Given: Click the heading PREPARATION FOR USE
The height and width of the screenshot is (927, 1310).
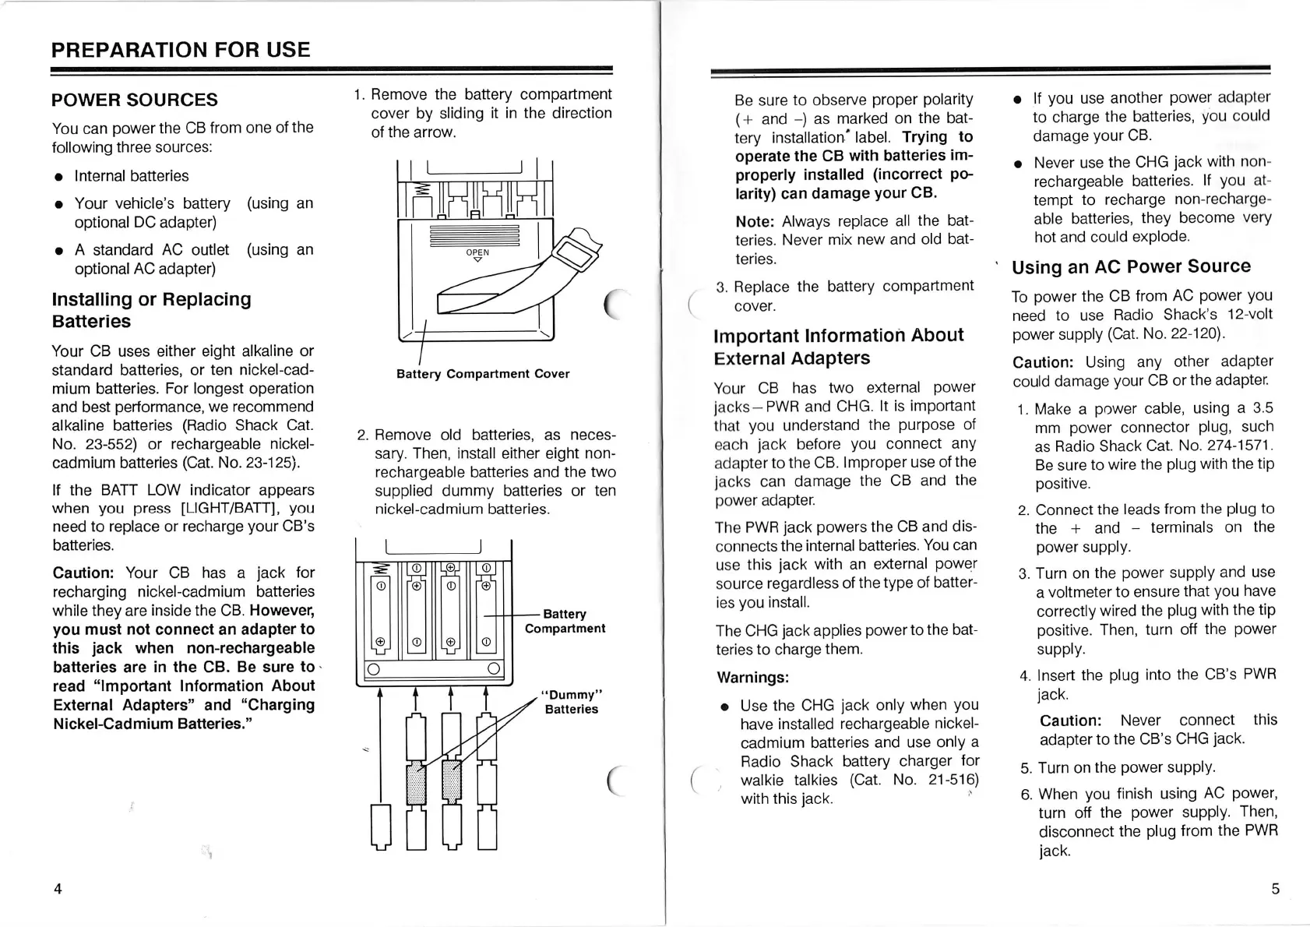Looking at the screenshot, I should pos(181,50).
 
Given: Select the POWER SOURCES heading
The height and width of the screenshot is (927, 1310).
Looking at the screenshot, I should pos(135,100).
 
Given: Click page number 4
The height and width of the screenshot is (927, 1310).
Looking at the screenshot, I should pos(58,889).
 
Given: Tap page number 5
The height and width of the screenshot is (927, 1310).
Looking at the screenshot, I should pos(1275,889).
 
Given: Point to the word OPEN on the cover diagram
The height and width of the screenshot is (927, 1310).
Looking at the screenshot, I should pos(477,252).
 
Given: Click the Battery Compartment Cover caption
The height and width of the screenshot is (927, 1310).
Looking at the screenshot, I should pos(483,374).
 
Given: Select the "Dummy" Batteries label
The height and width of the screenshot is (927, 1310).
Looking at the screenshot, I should pos(572,702).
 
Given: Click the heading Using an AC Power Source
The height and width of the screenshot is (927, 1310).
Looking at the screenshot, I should pos(1131,266).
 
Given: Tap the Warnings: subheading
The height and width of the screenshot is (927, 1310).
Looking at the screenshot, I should pos(753,678).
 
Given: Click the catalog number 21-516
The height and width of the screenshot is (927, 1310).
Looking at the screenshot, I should pos(953,780).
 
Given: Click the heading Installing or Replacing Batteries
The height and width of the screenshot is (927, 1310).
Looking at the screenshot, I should pos(152,310).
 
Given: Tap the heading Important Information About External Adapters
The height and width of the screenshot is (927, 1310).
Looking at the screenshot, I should pos(838,347).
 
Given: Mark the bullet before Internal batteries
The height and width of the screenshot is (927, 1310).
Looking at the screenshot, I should pos(59,177).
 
